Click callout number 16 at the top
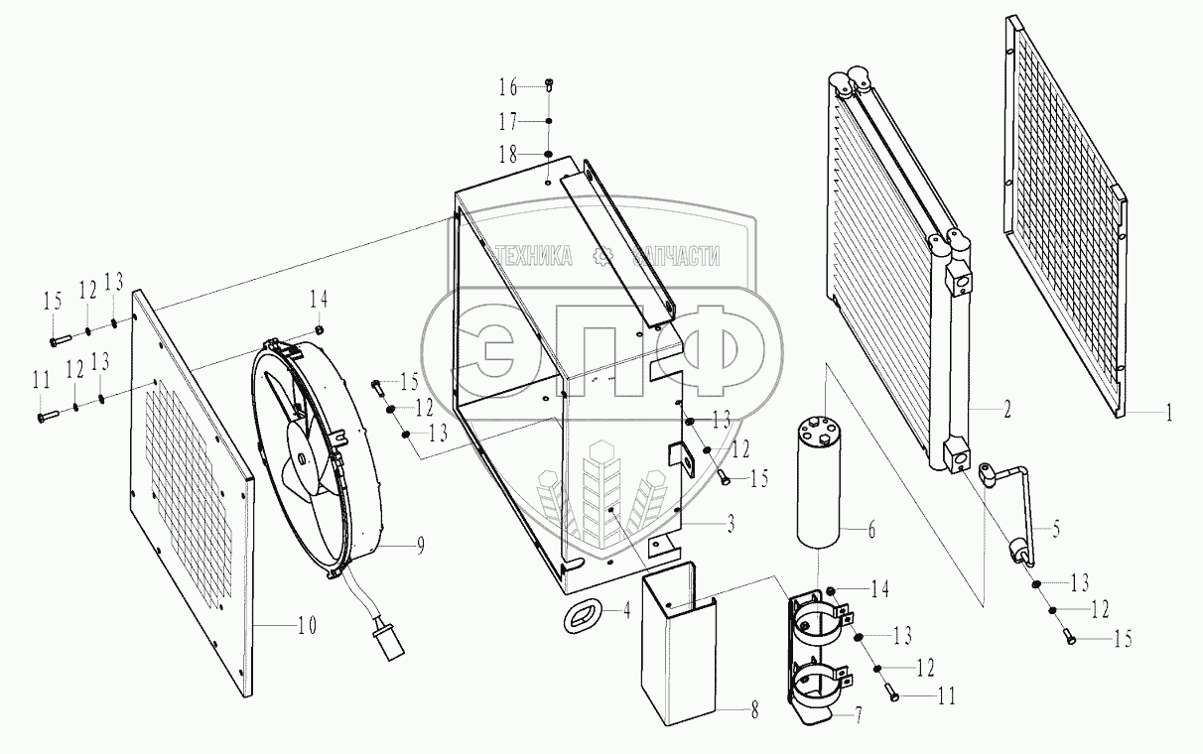pyautogui.click(x=508, y=88)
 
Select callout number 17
pyautogui.click(x=508, y=121)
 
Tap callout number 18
pyautogui.click(x=508, y=154)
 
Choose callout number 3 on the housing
pyautogui.click(x=730, y=525)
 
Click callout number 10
pyautogui.click(x=307, y=626)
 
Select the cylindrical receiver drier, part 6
pyautogui.click(x=818, y=481)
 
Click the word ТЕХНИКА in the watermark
pyautogui.click(x=533, y=257)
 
